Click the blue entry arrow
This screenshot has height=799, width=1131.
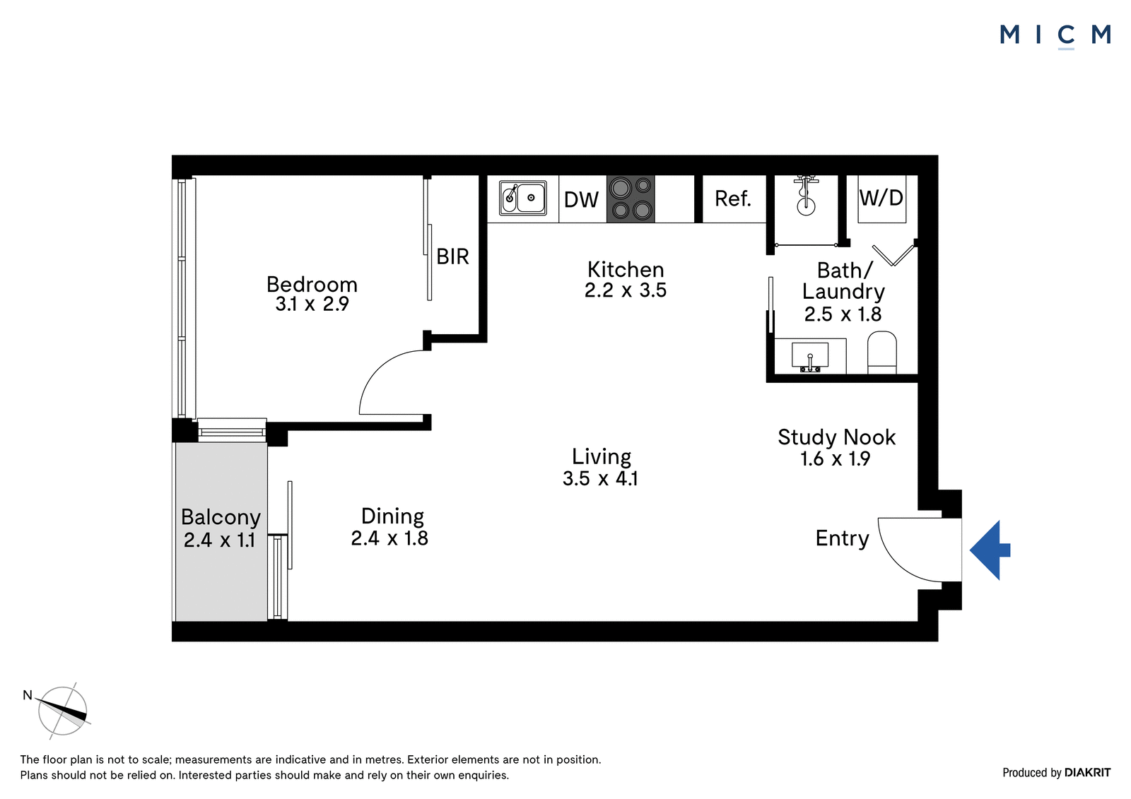click(x=990, y=550)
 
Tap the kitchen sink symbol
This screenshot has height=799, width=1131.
click(x=522, y=198)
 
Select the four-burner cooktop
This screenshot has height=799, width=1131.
click(x=631, y=199)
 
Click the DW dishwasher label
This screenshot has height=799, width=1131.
click(x=581, y=200)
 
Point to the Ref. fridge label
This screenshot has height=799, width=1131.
click(x=732, y=199)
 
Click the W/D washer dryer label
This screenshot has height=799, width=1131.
click(x=881, y=198)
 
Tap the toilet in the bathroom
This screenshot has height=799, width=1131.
click(x=881, y=353)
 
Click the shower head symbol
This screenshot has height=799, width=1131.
click(x=806, y=196)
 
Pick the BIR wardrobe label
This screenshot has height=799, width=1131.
click(x=452, y=257)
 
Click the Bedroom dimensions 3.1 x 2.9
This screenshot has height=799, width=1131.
click(x=312, y=304)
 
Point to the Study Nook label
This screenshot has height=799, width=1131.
click(x=837, y=437)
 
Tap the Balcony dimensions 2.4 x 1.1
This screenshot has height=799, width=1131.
click(x=219, y=540)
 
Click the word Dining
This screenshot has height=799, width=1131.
click(x=392, y=517)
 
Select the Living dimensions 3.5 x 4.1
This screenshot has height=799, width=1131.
click(x=600, y=478)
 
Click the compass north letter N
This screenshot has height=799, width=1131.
click(x=28, y=696)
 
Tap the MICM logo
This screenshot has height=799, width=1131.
click(x=1055, y=35)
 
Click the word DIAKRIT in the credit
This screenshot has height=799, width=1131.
click(x=1088, y=773)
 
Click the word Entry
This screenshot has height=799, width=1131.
click(x=842, y=539)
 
